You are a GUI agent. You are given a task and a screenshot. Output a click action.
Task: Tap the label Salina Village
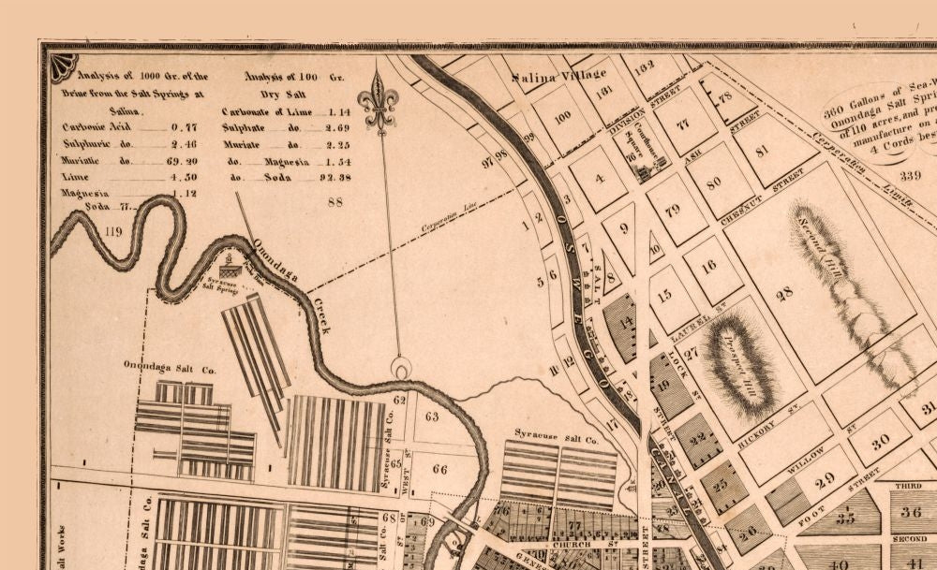pyautogui.click(x=547, y=78)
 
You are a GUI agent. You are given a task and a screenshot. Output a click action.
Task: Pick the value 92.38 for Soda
pyautogui.click(x=334, y=177)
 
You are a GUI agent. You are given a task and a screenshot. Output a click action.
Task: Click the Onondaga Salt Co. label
pyautogui.click(x=170, y=369)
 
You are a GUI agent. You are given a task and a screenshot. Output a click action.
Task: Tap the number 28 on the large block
pyautogui.click(x=784, y=293)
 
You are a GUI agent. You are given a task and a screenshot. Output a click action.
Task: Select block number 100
pyautogui.click(x=562, y=117)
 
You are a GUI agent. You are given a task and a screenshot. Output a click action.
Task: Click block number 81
pyautogui.click(x=762, y=150)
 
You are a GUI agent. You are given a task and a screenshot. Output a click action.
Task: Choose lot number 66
pyautogui.click(x=439, y=469)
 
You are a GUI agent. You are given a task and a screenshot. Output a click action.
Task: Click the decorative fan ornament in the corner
pyautogui.click(x=64, y=66)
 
